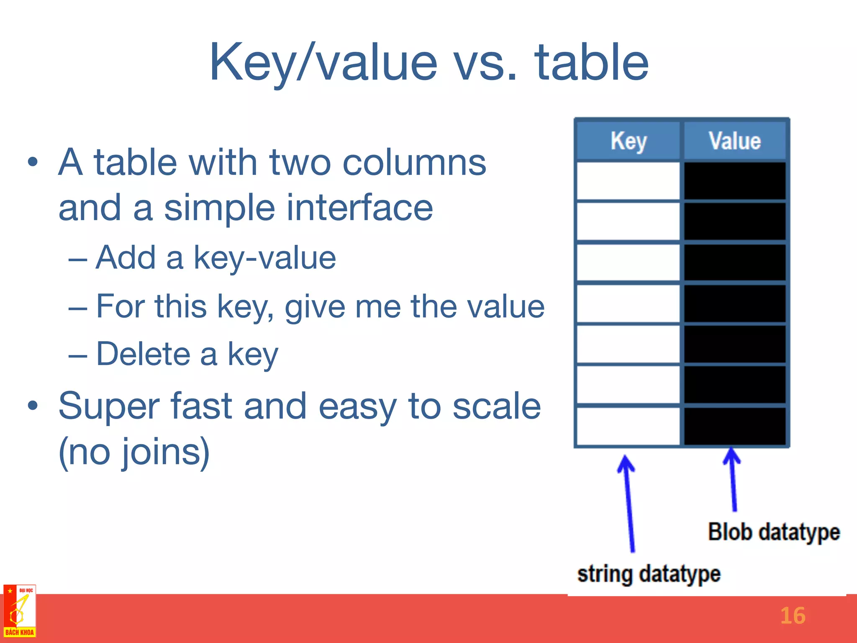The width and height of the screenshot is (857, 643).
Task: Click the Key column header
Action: tap(628, 141)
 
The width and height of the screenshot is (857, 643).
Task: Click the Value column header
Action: tap(734, 141)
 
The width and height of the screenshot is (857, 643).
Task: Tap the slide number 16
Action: tap(793, 616)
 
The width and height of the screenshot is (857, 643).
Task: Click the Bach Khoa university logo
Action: tap(19, 611)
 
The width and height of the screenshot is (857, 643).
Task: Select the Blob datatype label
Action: tap(773, 532)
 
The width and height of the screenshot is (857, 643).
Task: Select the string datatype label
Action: tap(649, 574)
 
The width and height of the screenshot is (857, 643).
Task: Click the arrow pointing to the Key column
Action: tap(629, 502)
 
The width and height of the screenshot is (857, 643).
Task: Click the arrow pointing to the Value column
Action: tap(733, 477)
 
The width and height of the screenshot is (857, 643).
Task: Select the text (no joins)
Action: tap(134, 452)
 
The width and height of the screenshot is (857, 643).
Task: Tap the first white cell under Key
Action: tap(628, 181)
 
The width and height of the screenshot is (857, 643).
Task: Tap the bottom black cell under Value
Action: tap(734, 426)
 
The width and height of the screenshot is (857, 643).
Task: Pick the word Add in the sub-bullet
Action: tap(126, 258)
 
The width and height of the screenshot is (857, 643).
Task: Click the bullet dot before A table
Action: tap(33, 162)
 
